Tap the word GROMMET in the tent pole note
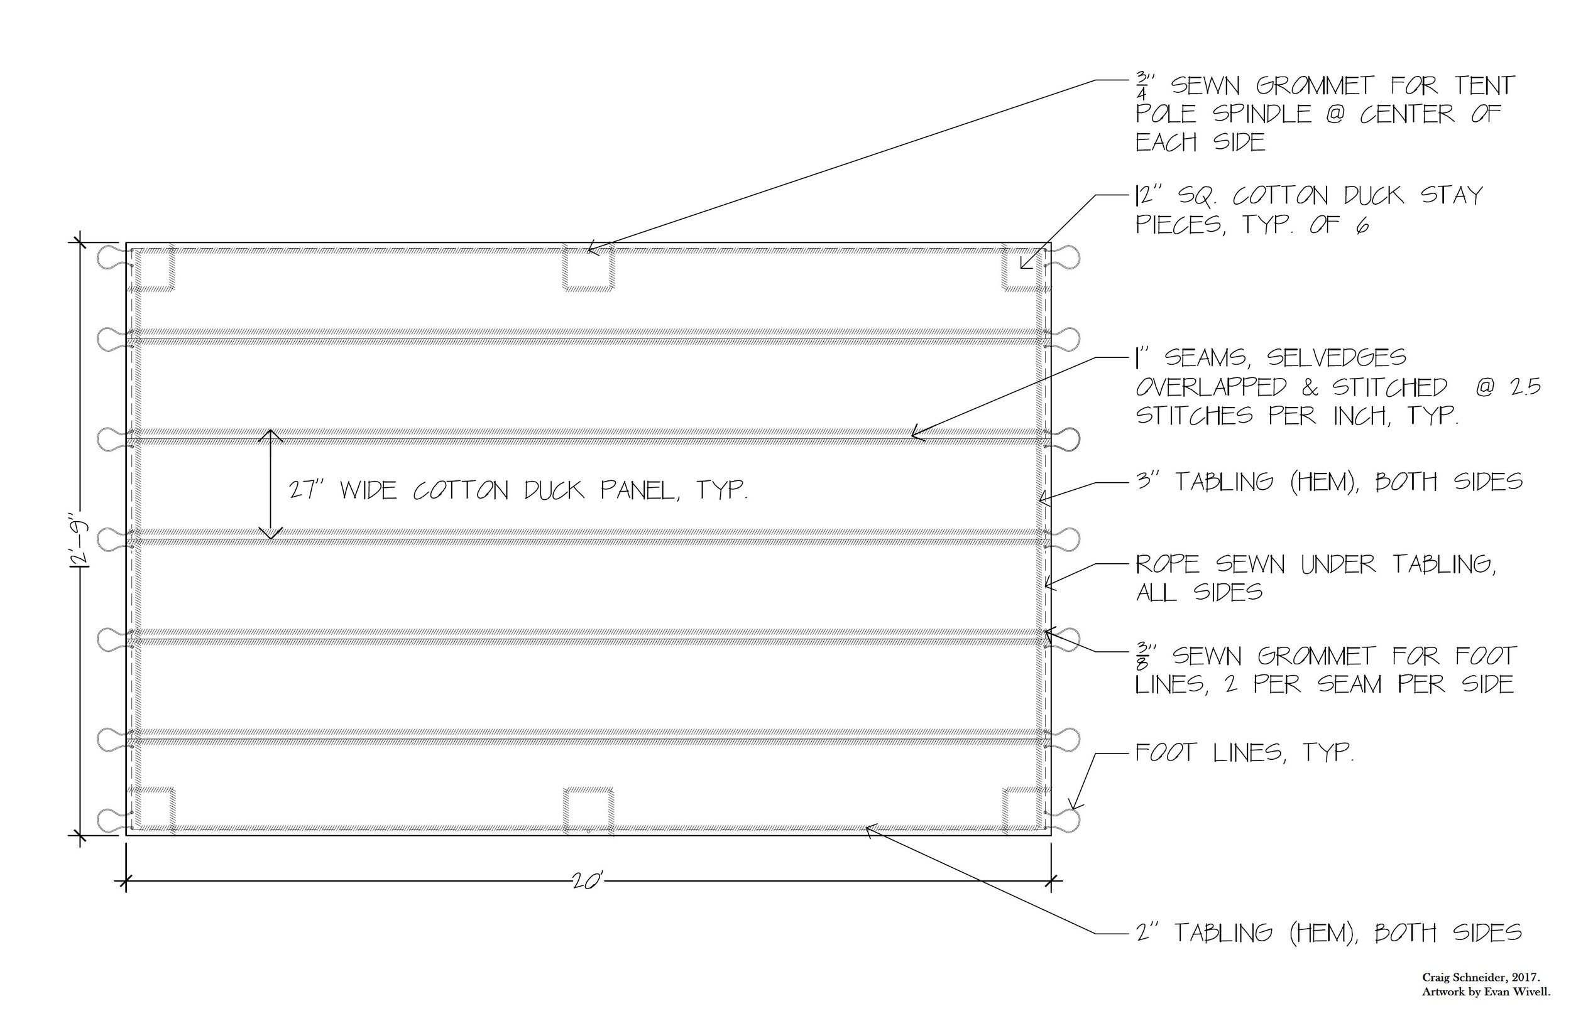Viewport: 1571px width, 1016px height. coord(1314,87)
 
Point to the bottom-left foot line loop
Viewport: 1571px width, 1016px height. coord(109,819)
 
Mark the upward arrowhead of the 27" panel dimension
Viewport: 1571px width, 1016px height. coord(270,435)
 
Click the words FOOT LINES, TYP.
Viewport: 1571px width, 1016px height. coord(1244,753)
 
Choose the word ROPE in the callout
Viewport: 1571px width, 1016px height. coord(1167,564)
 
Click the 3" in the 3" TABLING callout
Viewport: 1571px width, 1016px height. coord(1149,482)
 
